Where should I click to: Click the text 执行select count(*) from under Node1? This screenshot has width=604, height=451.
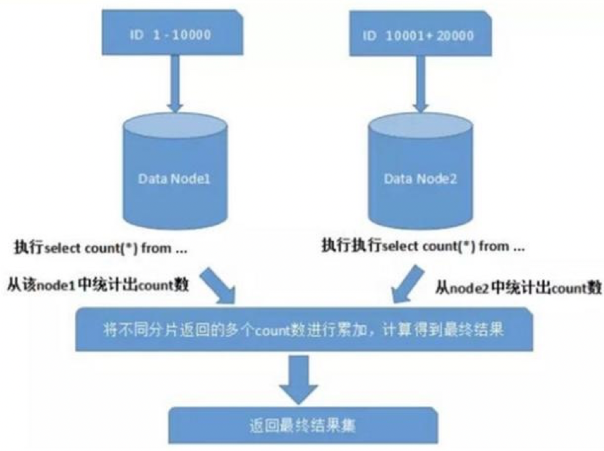tap(101, 249)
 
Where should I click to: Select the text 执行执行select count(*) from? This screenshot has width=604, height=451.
tap(423, 246)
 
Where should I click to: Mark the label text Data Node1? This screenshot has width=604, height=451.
tap(174, 179)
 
